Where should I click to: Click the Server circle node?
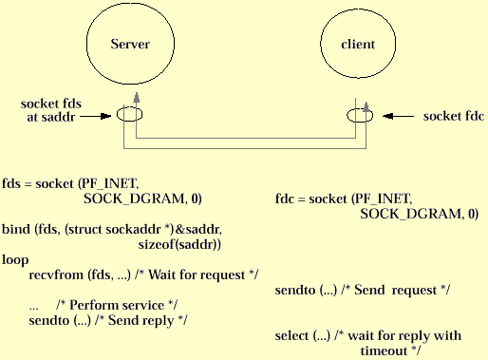pos(131,46)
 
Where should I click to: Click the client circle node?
pos(357,46)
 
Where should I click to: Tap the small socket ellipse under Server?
pos(130,115)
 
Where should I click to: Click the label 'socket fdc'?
pos(454,116)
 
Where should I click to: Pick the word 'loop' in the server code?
pos(15,258)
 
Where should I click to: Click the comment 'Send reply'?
pos(147,320)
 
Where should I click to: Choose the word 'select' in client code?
pos(291,335)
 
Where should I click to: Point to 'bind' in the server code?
pos(15,229)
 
